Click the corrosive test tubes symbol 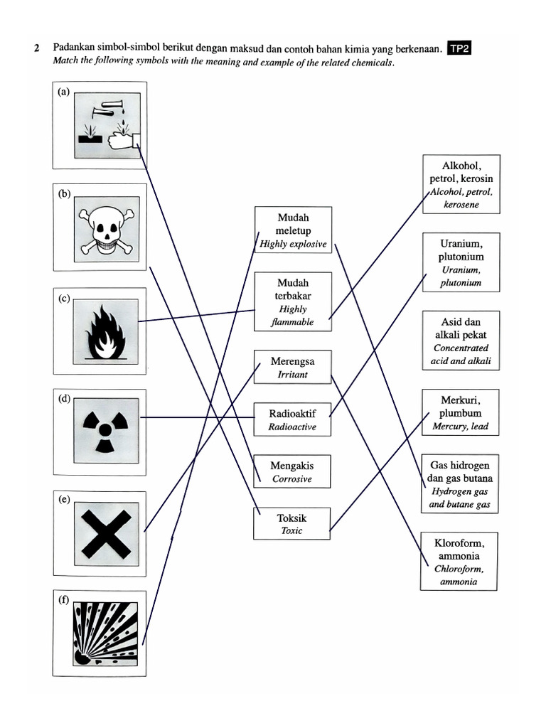coord(106,127)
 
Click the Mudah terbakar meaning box coord(293,301)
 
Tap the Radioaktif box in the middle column coord(292,419)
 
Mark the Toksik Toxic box coord(292,523)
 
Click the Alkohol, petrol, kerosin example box coord(461,184)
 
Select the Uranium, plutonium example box coord(461,262)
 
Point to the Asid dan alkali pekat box coord(461,341)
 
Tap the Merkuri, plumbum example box coord(461,412)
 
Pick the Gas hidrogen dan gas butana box coord(460,483)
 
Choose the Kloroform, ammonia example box coord(459,562)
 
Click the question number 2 coord(36,49)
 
